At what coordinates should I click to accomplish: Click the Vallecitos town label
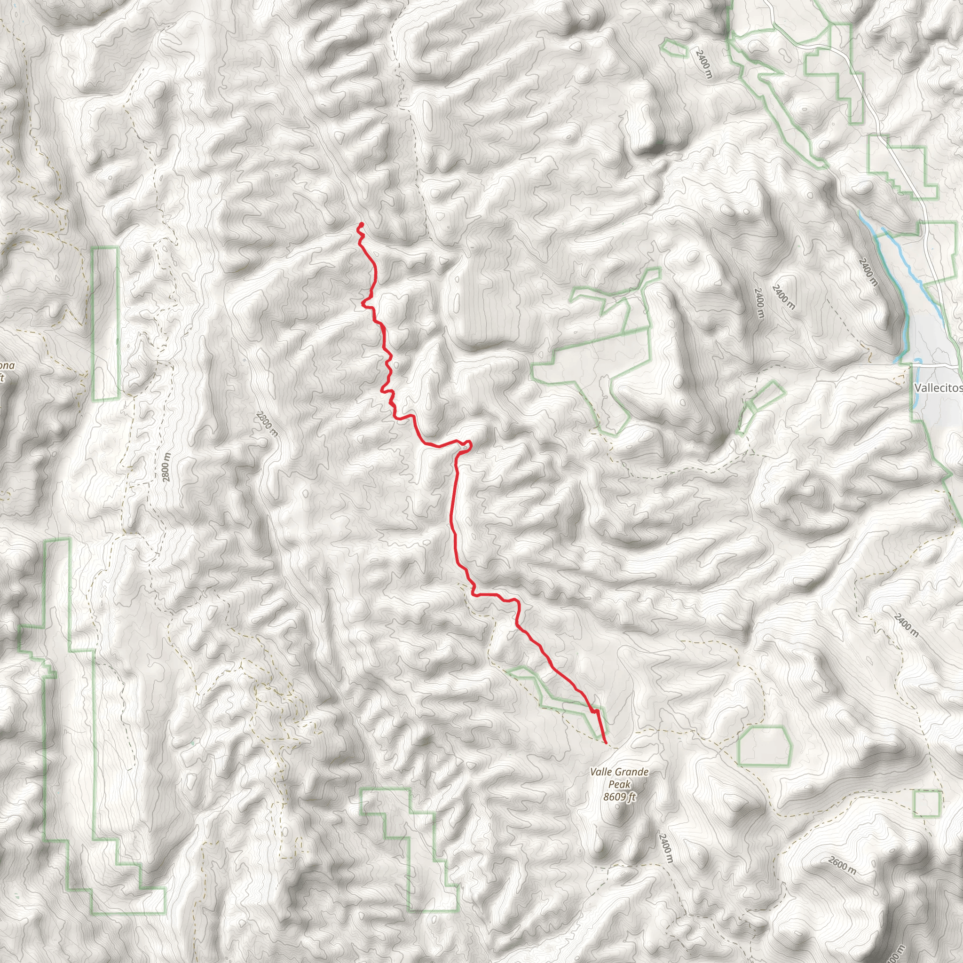point(938,388)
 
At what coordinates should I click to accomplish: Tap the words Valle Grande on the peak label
point(619,772)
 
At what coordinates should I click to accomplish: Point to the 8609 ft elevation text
point(619,797)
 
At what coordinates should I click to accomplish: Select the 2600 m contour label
point(842,865)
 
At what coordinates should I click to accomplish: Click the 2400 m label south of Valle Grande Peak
point(665,848)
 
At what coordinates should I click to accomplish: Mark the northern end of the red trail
point(360,224)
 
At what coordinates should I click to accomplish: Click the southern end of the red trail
point(605,742)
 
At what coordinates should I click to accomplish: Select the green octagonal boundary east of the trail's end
point(764,746)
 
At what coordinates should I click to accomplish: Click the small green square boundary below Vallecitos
point(927,804)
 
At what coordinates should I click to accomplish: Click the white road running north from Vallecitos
point(897,150)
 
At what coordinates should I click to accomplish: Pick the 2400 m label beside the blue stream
point(867,271)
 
